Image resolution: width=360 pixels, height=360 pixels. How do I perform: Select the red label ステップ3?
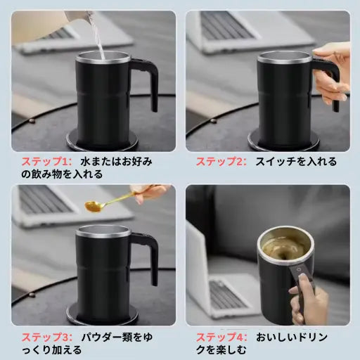point(44,336)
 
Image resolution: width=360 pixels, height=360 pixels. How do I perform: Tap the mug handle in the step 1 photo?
point(148,85)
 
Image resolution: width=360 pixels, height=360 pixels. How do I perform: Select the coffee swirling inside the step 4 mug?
point(285,248)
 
